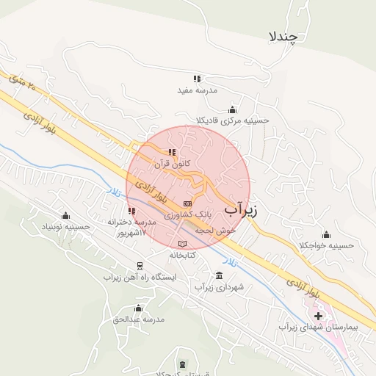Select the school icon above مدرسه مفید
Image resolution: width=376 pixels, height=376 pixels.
197,78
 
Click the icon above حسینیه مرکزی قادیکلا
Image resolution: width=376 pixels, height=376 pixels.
233,109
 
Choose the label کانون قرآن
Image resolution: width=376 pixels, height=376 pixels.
172,164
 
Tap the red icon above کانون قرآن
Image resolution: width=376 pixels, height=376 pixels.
172,152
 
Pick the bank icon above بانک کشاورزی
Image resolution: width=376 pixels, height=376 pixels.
187,203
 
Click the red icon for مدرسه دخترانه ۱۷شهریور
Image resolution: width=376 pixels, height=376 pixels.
131,211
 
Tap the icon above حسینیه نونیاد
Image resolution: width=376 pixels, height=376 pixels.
67,216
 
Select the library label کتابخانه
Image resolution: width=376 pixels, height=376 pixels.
182,254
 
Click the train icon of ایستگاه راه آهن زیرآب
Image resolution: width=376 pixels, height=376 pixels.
139,266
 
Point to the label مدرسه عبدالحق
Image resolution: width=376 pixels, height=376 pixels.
138,319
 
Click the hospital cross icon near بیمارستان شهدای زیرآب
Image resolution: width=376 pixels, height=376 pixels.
318,314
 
